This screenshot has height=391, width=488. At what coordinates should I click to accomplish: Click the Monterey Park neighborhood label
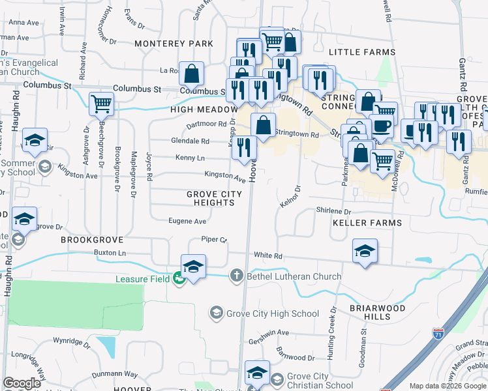coord(174,44)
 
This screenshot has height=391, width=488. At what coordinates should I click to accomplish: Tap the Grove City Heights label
coord(214,199)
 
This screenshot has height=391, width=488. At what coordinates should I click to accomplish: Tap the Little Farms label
coord(362,52)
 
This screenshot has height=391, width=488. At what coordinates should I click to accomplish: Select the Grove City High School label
coord(272,313)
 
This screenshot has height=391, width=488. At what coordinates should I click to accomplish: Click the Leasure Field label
coord(142,279)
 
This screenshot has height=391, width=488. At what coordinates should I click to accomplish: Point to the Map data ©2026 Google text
coord(448,386)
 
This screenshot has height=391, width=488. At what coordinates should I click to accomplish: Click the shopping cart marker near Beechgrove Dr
coord(101,104)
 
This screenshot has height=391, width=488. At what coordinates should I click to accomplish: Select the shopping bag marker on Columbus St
coord(192,74)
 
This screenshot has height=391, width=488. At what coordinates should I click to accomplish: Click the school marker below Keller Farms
coord(365,251)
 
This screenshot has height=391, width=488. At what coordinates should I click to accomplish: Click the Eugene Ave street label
coord(187,222)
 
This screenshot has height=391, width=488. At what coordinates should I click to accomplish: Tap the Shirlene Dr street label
coord(333,212)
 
